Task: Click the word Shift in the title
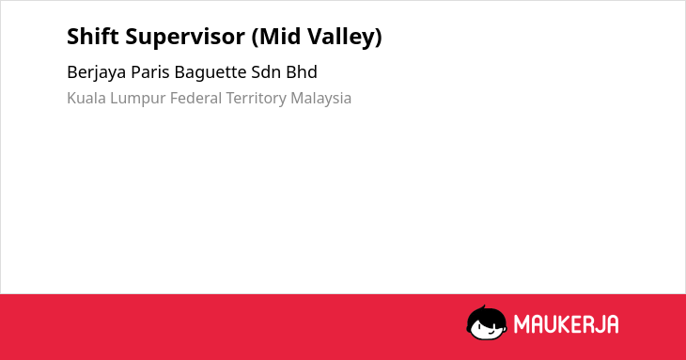93,36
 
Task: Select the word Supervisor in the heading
185,38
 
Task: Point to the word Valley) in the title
344,38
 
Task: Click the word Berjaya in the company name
96,73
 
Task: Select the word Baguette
210,72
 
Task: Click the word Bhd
302,71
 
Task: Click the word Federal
195,98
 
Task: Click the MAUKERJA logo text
566,324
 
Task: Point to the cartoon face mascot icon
487,322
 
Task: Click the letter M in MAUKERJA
522,324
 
